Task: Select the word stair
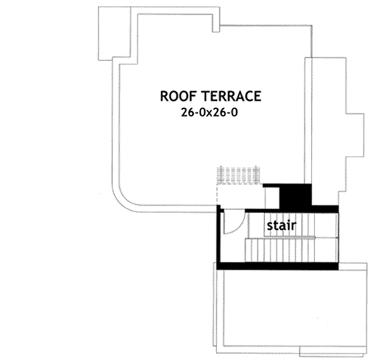pyautogui.click(x=280, y=226)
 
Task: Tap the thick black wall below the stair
pyautogui.click(x=278, y=264)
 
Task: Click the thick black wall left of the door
pyautogui.click(x=216, y=234)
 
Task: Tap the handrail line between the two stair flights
pyautogui.click(x=293, y=237)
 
